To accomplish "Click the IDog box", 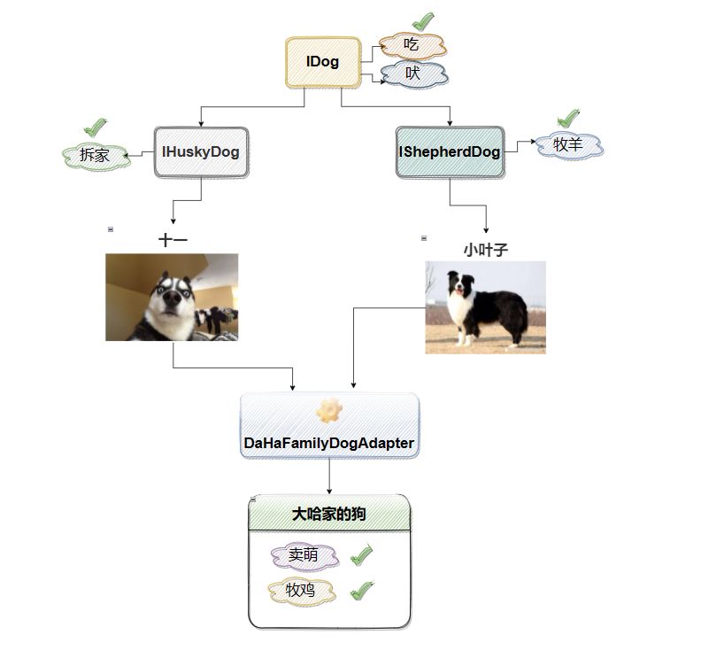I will click(x=323, y=62).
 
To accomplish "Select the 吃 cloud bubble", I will click(x=412, y=44).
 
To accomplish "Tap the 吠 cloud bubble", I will click(x=413, y=74).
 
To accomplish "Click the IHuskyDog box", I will click(x=201, y=151).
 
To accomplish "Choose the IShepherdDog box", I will click(x=450, y=151).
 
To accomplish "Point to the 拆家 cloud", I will click(x=95, y=156).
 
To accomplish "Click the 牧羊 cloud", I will click(x=569, y=144).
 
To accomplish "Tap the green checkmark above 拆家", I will click(x=95, y=127).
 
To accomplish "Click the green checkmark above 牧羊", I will click(x=568, y=117).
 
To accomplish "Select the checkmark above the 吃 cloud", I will click(x=424, y=19).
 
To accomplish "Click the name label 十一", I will click(x=173, y=240).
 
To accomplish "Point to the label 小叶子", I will click(x=485, y=251).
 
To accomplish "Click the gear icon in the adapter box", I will click(x=329, y=410).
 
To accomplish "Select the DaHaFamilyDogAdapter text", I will click(x=329, y=443).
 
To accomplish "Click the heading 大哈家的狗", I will click(x=329, y=515).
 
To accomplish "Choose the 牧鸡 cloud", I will click(x=302, y=591).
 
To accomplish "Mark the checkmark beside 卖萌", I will click(x=361, y=556).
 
